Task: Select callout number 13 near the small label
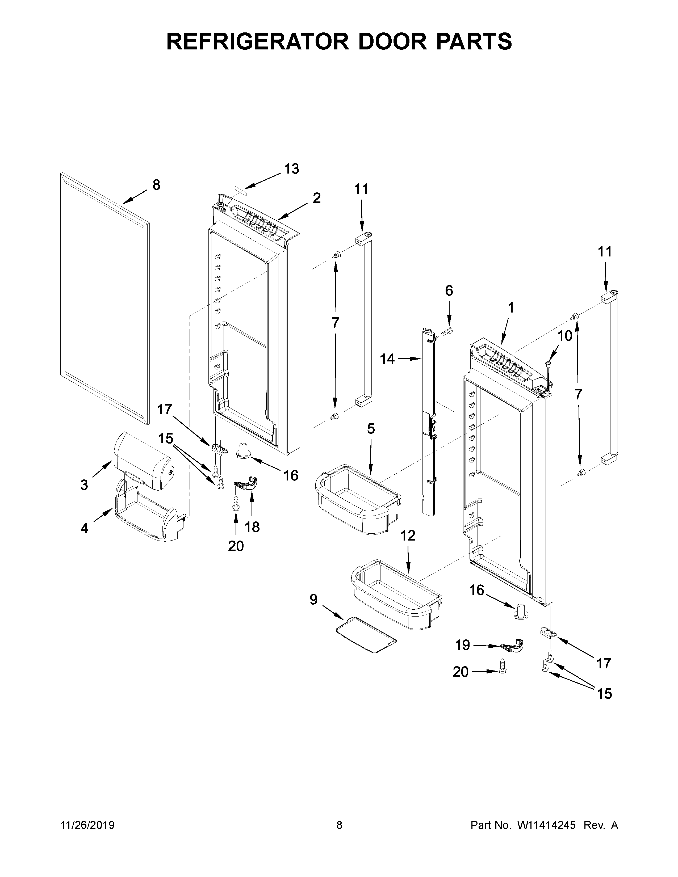[x=292, y=169]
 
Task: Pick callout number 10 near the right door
[x=565, y=335]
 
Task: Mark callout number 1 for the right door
[x=510, y=308]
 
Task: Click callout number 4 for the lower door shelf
[x=84, y=528]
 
